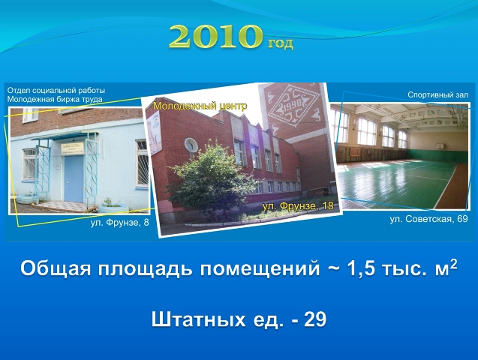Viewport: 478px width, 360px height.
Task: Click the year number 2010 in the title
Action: coord(215,37)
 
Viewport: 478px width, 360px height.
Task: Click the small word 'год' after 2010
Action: coord(281,43)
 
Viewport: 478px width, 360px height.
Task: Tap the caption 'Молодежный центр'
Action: coord(200,106)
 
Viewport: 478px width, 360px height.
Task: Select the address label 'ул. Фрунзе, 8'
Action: coord(120,223)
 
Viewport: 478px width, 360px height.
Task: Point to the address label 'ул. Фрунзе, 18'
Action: coord(298,206)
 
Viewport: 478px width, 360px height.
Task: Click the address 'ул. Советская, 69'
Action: coord(428,219)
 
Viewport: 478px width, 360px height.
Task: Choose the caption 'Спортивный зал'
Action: coord(438,95)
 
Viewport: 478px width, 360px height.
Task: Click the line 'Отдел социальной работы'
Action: coord(56,91)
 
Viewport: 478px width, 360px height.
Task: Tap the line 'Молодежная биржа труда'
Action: coord(55,99)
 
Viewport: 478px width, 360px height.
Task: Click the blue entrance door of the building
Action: coord(74,178)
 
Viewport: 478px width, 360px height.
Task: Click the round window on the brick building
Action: coord(191,145)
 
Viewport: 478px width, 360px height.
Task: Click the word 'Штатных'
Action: coord(198,319)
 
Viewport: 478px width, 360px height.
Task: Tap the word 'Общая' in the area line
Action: coord(56,268)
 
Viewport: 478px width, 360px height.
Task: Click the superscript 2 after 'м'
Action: coord(453,264)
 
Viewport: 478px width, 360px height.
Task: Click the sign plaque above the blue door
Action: coord(72,148)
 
